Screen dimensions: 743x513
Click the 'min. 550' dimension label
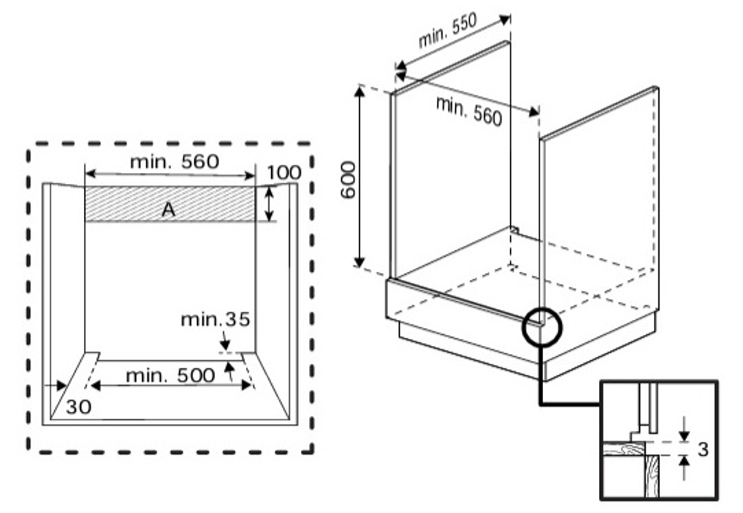(x=447, y=31)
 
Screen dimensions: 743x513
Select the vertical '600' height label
(x=348, y=180)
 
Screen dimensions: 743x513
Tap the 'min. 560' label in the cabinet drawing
(x=469, y=111)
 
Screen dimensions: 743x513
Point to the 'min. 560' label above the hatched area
(x=175, y=162)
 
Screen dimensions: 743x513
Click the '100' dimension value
(x=284, y=172)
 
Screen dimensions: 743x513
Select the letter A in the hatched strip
(x=168, y=209)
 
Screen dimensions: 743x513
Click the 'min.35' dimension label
(x=215, y=320)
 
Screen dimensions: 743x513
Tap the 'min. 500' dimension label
(x=170, y=376)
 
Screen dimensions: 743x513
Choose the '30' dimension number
(x=79, y=406)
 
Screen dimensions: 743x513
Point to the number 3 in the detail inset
(x=703, y=448)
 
